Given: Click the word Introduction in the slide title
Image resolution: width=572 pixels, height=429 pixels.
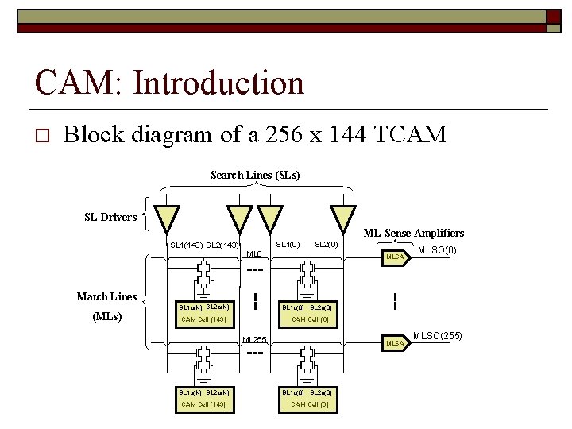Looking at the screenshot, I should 218,83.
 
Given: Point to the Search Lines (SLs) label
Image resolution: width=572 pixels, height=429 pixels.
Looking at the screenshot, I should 255,175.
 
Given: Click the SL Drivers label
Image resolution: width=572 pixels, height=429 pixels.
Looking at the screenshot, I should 110,217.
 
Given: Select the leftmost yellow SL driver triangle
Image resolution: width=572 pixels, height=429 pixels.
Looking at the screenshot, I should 167,218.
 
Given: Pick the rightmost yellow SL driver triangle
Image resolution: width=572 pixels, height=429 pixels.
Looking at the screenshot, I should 344,218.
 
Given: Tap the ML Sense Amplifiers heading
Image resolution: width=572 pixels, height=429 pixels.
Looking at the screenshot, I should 413,233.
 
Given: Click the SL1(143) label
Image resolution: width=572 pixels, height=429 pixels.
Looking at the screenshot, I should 186,245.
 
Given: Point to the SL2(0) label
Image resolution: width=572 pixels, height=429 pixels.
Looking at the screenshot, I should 327,245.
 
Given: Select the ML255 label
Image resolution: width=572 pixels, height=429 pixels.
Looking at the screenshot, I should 254,340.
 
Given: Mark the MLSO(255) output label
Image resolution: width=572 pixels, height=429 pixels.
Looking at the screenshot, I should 438,336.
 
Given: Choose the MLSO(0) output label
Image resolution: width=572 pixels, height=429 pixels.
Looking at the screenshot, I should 438,251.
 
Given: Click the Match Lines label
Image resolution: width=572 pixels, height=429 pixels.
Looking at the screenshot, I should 106,296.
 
